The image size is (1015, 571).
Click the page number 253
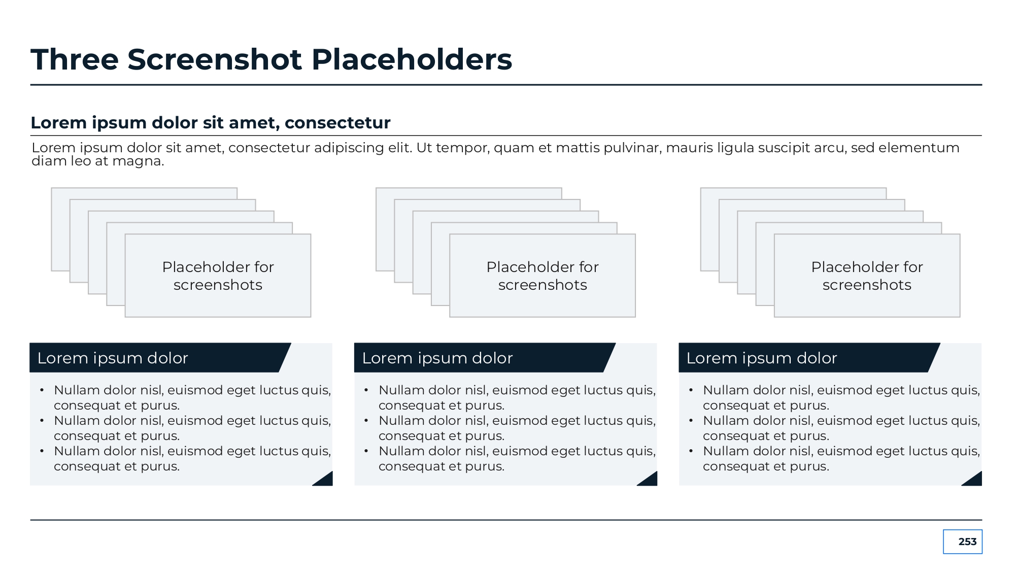pyautogui.click(x=967, y=542)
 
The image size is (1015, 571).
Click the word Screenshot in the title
pyautogui.click(x=215, y=59)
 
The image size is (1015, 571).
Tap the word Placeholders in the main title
pyautogui.click(x=412, y=59)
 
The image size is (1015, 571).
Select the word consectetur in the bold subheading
pyautogui.click(x=337, y=123)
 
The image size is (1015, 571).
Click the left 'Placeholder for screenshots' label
pyautogui.click(x=218, y=276)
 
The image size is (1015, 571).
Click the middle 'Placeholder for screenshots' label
pyautogui.click(x=543, y=276)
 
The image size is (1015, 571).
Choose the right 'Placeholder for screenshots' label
pyautogui.click(x=867, y=276)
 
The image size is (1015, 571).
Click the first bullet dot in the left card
pyautogui.click(x=42, y=390)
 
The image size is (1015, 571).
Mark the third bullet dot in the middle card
pyautogui.click(x=366, y=451)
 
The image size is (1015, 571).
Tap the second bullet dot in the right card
pyautogui.click(x=691, y=421)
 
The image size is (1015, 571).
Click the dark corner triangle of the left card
pyautogui.click(x=325, y=480)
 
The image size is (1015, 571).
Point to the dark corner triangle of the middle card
pyautogui.click(x=650, y=480)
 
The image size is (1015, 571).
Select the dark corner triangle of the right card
pyautogui.click(x=975, y=480)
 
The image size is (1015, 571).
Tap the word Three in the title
pyautogui.click(x=75, y=59)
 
